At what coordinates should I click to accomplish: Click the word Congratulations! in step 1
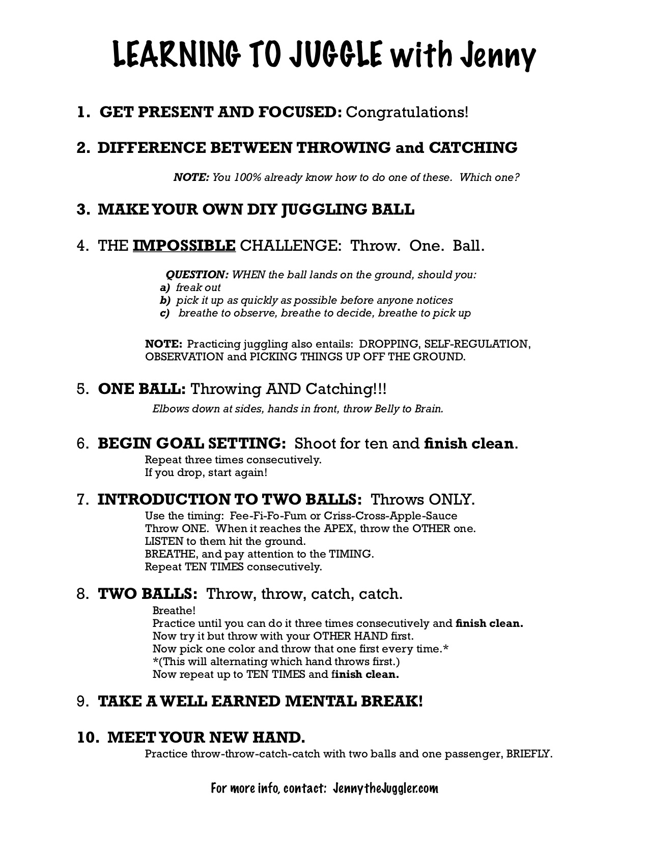[x=407, y=112]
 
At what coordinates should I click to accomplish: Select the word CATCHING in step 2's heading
[x=473, y=148]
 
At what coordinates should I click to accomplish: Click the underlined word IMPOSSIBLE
[x=184, y=246]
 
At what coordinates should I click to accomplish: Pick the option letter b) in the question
[x=164, y=300]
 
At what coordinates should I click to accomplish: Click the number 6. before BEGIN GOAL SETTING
[x=83, y=443]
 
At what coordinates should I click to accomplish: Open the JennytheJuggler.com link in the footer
[x=385, y=789]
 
